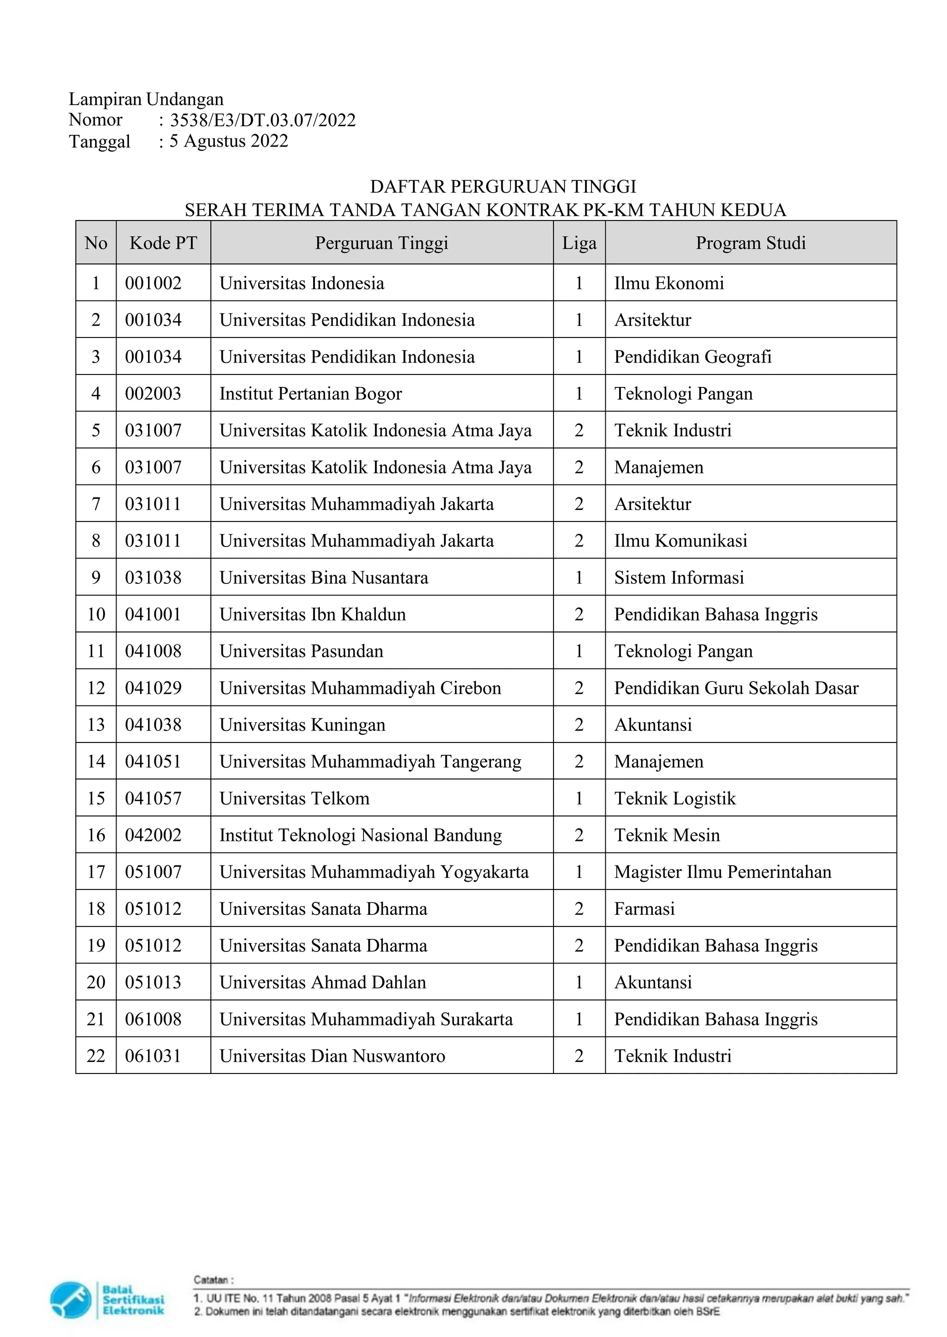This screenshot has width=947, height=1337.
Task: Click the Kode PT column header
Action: click(x=163, y=243)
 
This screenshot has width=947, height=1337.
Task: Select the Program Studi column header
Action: click(x=750, y=243)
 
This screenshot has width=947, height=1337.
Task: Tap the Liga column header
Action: click(x=579, y=243)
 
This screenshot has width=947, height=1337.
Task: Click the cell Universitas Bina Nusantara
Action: click(x=324, y=577)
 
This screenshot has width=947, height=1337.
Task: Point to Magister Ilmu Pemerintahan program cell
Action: click(x=722, y=872)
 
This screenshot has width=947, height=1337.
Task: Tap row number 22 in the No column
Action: click(x=96, y=1056)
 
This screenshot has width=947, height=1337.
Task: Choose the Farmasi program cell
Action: click(x=644, y=908)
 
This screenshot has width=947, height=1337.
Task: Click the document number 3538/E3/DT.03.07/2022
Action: click(x=262, y=120)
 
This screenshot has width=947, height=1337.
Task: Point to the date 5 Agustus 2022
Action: click(x=228, y=141)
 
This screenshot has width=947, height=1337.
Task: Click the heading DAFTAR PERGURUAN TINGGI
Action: click(x=503, y=187)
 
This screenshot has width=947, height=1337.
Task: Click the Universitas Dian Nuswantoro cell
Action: click(x=332, y=1056)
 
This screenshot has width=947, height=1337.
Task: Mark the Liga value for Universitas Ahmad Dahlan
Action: click(x=579, y=982)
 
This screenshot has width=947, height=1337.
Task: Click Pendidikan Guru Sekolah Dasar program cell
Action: click(x=736, y=688)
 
